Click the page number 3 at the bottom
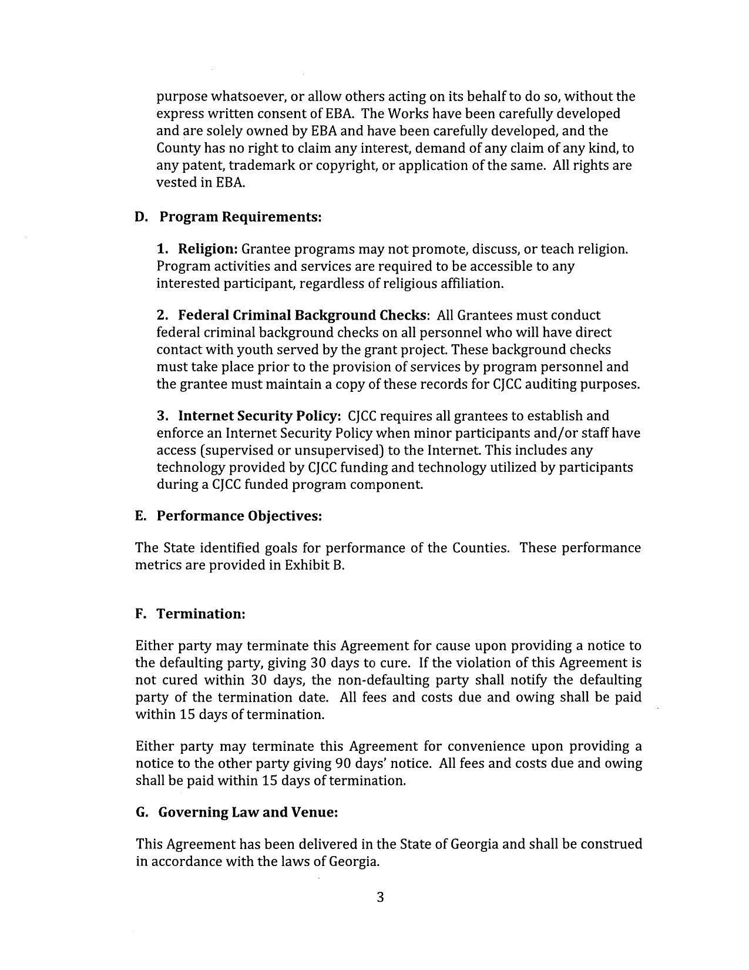(380, 897)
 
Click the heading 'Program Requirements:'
(241, 217)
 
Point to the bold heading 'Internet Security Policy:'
(259, 416)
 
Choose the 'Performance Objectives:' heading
(239, 516)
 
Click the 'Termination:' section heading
(200, 614)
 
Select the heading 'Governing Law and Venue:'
(248, 813)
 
